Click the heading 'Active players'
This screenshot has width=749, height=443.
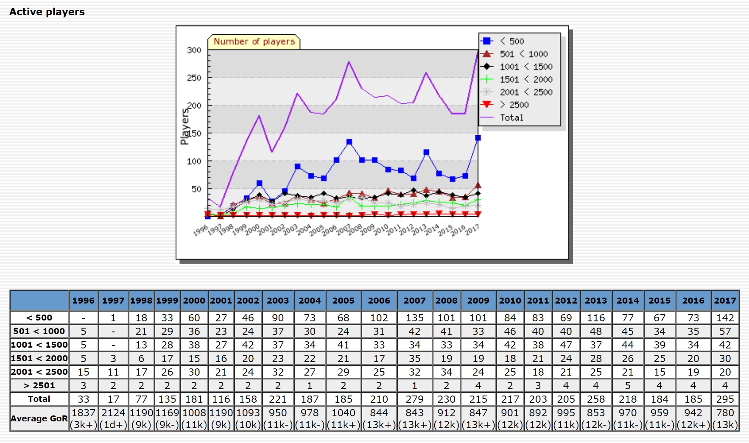(x=47, y=12)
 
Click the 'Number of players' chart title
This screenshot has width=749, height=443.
(x=254, y=42)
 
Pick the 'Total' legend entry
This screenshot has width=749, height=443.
(x=511, y=117)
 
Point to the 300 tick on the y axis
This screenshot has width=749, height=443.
(x=194, y=50)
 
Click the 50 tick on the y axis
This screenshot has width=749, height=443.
(x=196, y=189)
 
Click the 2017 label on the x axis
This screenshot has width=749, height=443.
(x=472, y=229)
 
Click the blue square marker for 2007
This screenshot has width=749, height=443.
(x=349, y=142)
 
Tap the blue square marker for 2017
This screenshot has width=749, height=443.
(x=478, y=138)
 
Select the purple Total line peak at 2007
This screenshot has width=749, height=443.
(x=349, y=61)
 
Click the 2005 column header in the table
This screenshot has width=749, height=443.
(x=343, y=301)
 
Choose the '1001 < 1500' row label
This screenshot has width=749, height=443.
(x=39, y=345)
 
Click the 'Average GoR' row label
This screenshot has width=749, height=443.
(x=39, y=418)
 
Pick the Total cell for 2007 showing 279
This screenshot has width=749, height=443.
(x=414, y=399)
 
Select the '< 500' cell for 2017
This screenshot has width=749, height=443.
(x=725, y=318)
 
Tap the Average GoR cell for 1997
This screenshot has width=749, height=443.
(x=113, y=418)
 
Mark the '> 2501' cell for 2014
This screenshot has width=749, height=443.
(x=628, y=385)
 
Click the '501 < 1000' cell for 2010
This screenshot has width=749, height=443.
(x=510, y=331)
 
